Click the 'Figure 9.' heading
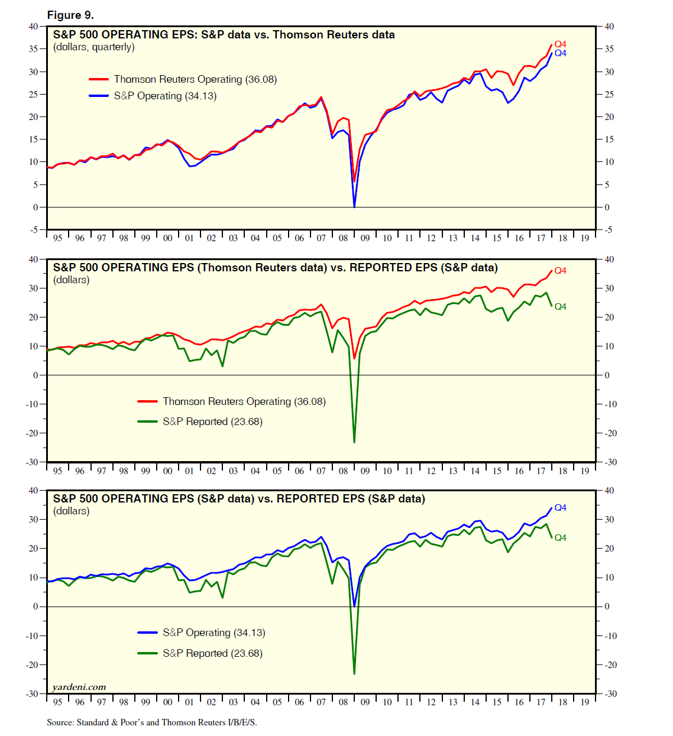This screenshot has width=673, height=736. point(70,15)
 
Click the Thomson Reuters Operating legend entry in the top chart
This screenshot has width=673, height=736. point(195,79)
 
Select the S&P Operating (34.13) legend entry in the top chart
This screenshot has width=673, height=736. point(165,96)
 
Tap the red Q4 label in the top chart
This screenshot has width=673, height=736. point(560,44)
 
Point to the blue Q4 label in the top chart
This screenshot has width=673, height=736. point(560,53)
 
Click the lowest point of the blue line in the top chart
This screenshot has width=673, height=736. point(354,206)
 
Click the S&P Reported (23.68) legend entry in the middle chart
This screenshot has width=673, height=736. point(212,422)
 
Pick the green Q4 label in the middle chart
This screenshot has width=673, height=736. point(560,306)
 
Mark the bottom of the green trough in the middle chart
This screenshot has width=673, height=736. point(354,442)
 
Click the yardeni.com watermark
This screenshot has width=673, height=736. point(79,687)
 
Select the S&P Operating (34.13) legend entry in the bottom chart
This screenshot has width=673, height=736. point(213,633)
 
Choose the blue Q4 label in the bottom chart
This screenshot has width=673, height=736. point(560,508)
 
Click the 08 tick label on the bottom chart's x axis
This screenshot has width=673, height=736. point(343,702)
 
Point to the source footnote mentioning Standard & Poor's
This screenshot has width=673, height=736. point(152,722)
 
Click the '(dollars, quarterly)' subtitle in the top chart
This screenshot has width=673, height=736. point(94,47)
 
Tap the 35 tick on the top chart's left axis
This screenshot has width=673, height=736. point(33,49)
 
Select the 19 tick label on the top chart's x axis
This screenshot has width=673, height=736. point(584,238)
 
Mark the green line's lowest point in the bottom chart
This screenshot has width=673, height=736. point(354,673)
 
